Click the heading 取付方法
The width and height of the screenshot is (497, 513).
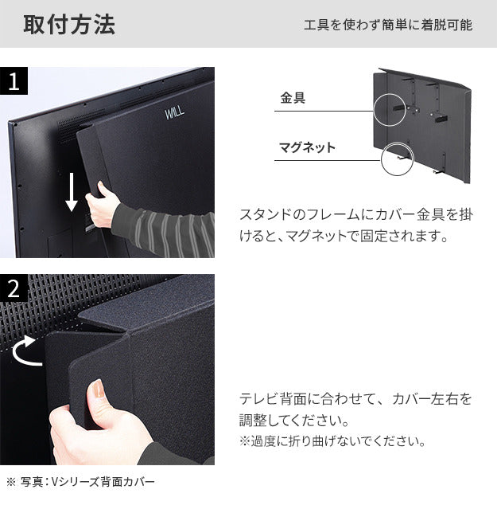pos(69,25)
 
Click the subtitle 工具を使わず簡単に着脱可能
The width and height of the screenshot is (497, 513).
pos(388,25)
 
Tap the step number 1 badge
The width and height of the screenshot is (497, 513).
pos(14,81)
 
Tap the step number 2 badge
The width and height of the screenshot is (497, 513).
pos(14,289)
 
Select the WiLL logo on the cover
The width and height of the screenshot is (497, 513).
pos(174,113)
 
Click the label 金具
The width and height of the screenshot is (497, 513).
pos(293,99)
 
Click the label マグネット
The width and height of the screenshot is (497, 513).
pos(307,147)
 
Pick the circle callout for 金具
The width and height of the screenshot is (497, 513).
pos(389,108)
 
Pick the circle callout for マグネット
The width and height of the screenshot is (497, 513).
pos(398,159)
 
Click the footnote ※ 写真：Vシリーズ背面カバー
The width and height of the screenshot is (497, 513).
pos(81,482)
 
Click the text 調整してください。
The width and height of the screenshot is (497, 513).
pos(293,420)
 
